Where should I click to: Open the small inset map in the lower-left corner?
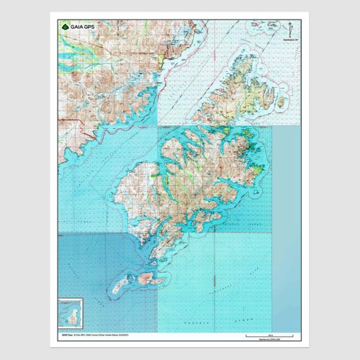(x=71, y=315)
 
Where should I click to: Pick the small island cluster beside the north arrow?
(x=261, y=28)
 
